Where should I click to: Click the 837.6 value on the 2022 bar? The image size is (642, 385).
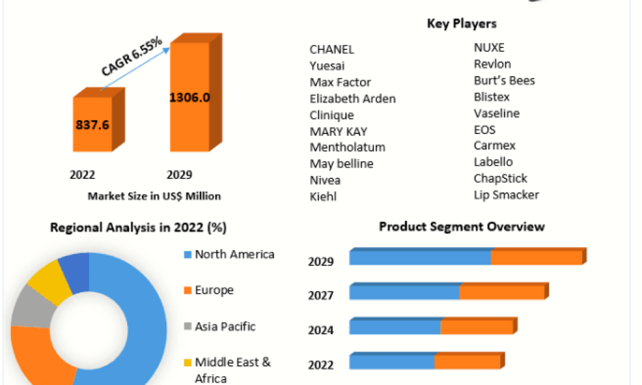coord(92,124)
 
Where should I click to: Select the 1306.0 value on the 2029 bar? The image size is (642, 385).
coord(189,98)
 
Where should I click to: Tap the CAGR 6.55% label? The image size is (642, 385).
coord(132,56)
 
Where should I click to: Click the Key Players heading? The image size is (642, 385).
coord(462,24)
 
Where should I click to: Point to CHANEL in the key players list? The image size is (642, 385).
coord(332,49)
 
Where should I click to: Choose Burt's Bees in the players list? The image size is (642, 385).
coord(504,81)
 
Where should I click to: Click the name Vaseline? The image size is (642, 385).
coord(496,114)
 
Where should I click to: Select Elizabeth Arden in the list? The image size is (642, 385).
coord(352,99)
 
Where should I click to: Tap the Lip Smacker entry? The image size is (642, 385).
coord(506,195)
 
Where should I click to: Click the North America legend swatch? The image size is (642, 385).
coord(188,255)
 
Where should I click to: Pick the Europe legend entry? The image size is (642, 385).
coord(209,290)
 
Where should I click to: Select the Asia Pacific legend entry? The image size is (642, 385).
coord(220,326)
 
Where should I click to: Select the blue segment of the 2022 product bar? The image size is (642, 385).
coord(392,361)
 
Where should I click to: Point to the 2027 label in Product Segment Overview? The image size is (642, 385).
coord(320,295)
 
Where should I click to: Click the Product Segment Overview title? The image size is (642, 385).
coord(462,227)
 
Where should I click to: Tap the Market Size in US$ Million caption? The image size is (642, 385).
coord(154,196)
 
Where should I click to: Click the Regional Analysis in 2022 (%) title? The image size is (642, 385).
coord(139,228)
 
